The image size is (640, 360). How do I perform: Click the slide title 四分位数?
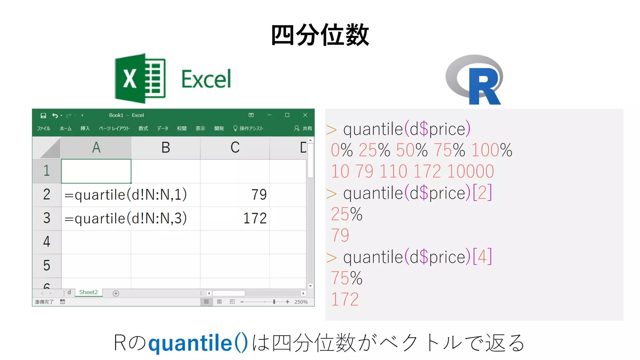tap(320, 35)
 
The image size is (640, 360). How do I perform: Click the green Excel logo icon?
tap(140, 78)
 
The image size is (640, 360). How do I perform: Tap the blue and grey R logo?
tap(475, 80)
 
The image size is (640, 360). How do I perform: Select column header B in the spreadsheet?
tap(166, 147)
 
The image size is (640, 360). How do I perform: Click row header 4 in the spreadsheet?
tap(47, 242)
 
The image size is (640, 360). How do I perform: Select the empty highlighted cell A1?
tap(96, 171)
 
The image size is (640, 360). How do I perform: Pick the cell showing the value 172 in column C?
tap(255, 218)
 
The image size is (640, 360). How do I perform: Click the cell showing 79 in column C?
tap(259, 195)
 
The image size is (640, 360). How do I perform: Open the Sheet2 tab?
tap(88, 292)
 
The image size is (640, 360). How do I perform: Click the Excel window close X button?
tap(305, 115)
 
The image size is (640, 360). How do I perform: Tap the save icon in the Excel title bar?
tap(43, 115)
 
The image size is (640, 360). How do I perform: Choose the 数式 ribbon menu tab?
tap(143, 128)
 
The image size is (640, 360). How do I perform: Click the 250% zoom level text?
tap(301, 302)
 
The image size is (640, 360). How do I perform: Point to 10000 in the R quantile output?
tap(470, 171)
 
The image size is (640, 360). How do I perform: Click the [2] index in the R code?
tap(482, 192)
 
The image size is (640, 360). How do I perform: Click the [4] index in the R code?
tap(482, 257)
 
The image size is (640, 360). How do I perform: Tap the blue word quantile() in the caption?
tap(198, 343)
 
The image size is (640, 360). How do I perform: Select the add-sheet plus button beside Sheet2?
tap(116, 293)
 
